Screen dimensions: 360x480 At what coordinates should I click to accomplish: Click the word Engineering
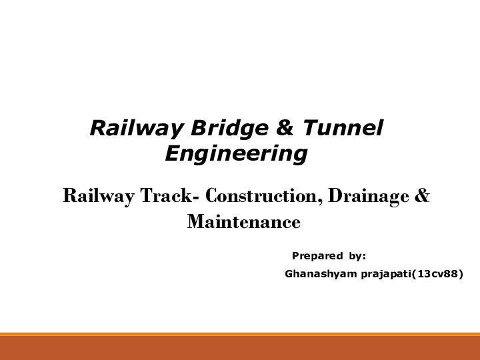coord(236,154)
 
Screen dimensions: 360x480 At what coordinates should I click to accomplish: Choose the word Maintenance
coord(244,221)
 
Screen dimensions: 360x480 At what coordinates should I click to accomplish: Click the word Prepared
coord(317,256)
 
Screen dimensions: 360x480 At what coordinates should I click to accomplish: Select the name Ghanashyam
coord(321,273)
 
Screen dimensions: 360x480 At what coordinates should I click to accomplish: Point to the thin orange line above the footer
coord(240,334)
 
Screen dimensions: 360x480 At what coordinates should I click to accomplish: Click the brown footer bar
coord(240,348)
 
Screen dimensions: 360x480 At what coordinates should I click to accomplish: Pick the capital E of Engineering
coord(171,153)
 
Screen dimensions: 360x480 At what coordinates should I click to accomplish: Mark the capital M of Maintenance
coord(195,221)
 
